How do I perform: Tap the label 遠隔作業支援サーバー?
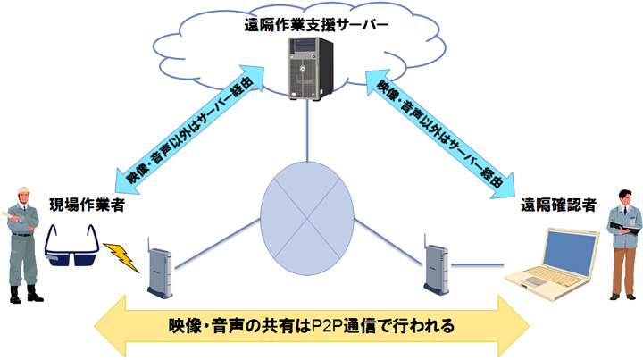coord(316,25)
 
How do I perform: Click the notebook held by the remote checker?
coord(629,231)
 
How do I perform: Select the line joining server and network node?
coord(307,130)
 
